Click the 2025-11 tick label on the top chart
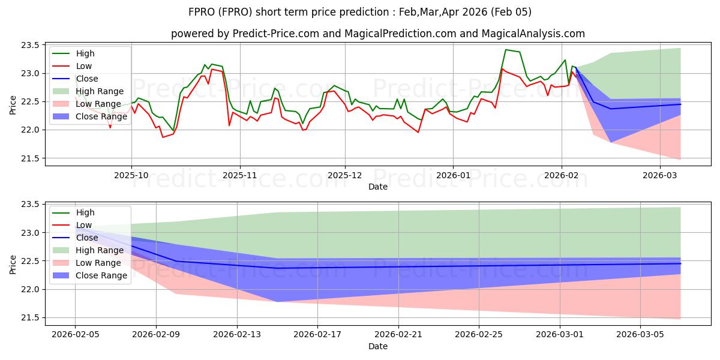(240, 175)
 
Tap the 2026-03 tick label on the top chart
(660, 175)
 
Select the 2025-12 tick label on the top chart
(345, 175)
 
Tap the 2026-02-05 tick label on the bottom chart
(75, 335)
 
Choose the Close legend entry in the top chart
(87, 79)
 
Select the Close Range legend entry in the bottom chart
(101, 275)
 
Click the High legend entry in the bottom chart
(85, 212)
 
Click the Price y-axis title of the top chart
(13, 104)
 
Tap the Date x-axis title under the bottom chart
(378, 346)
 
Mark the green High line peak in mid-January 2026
(506, 50)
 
